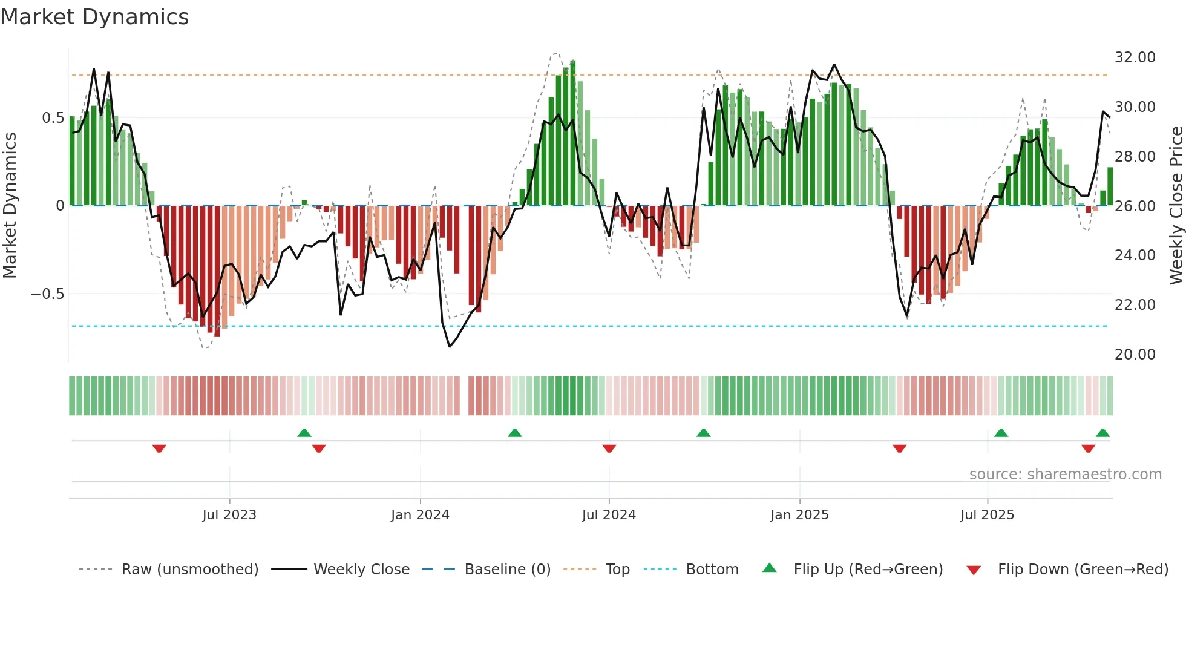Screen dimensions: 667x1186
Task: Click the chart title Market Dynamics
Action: pos(94,17)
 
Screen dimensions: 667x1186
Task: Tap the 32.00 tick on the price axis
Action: pos(1135,57)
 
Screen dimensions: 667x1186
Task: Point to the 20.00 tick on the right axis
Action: pos(1135,355)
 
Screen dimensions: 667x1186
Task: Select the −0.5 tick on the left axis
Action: pos(47,294)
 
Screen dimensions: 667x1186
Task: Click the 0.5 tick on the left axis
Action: pos(53,118)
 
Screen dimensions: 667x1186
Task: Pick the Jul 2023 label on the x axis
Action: pos(229,515)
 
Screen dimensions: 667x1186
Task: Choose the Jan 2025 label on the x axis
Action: pos(799,515)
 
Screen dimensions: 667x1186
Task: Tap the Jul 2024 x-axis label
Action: pos(609,515)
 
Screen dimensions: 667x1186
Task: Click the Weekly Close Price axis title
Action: pos(1176,206)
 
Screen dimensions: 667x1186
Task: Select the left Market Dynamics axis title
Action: pos(10,206)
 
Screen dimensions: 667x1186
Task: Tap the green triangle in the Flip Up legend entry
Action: pos(769,568)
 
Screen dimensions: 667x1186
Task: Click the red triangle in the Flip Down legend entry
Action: pos(974,570)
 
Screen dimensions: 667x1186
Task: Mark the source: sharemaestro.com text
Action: pos(1065,475)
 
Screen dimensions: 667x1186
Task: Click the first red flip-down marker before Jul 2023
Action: pos(159,448)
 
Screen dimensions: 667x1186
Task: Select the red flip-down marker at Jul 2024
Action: pos(609,448)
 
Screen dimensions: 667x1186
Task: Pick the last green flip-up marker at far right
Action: pos(1102,433)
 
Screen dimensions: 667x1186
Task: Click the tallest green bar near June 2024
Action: pos(573,133)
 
